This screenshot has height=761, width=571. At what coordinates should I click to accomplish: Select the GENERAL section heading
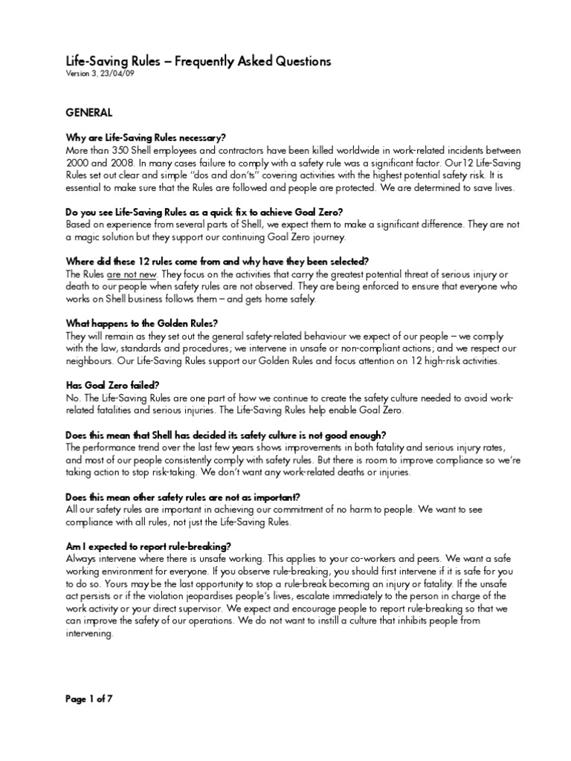89,113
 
